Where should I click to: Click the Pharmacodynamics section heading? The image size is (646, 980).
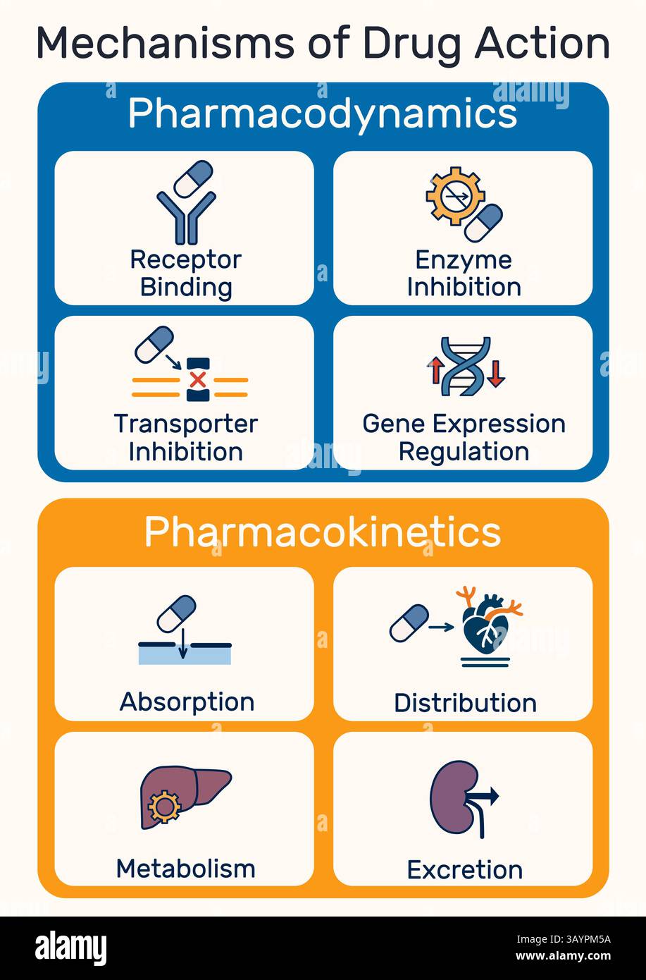[x=323, y=114]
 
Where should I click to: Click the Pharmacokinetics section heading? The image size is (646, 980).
[x=323, y=532]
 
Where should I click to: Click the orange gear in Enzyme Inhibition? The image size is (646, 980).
[x=454, y=195]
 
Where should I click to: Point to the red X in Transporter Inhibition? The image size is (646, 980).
[x=198, y=380]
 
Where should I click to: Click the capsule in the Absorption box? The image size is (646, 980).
[x=176, y=614]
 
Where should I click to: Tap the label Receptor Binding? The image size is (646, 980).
[x=186, y=273]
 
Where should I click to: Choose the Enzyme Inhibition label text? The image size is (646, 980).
[x=464, y=273]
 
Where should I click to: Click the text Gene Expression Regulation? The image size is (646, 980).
[x=464, y=437]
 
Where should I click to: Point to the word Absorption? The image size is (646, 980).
[x=187, y=702]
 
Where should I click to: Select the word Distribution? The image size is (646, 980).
[x=465, y=702]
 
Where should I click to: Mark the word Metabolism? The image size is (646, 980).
[x=185, y=868]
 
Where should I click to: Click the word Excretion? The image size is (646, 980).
[x=465, y=869]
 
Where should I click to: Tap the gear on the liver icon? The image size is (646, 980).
[x=165, y=807]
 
